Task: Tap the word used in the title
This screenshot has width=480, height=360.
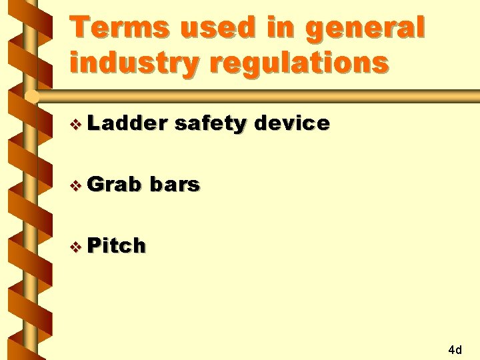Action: pos(210,29)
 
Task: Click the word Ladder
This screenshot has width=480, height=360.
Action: pos(127,123)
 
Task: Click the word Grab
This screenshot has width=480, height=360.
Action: pos(115,185)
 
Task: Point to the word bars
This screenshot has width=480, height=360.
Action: pos(175,185)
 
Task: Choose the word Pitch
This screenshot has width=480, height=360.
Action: pos(117,246)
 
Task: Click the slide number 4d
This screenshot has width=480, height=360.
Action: pos(455,349)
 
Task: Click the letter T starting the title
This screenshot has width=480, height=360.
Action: pos(81,29)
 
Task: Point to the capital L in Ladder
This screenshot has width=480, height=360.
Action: pos(93,123)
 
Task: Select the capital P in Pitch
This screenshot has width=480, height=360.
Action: pos(93,246)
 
